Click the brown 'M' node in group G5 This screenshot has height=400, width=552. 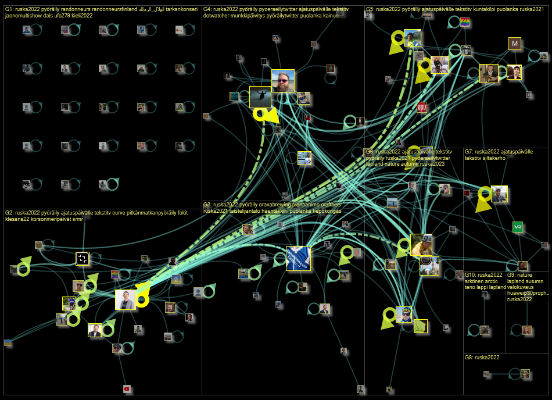(x=515, y=44)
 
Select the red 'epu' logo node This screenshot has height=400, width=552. (x=422, y=107)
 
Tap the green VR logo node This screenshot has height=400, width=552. (x=517, y=227)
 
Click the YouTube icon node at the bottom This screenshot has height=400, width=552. (x=127, y=388)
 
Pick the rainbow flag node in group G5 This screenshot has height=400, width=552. (x=465, y=22)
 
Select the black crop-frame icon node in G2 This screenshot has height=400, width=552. (x=83, y=259)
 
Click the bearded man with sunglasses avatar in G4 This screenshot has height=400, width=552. (x=282, y=81)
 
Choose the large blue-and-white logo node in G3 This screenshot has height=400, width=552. (x=298, y=258)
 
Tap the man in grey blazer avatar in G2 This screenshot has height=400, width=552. (x=126, y=300)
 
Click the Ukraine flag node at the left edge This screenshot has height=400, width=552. (x=7, y=343)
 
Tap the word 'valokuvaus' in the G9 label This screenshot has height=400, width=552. (x=521, y=287)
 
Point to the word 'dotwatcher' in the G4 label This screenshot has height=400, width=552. (x=217, y=16)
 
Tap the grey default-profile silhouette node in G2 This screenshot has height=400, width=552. (x=198, y=292)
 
